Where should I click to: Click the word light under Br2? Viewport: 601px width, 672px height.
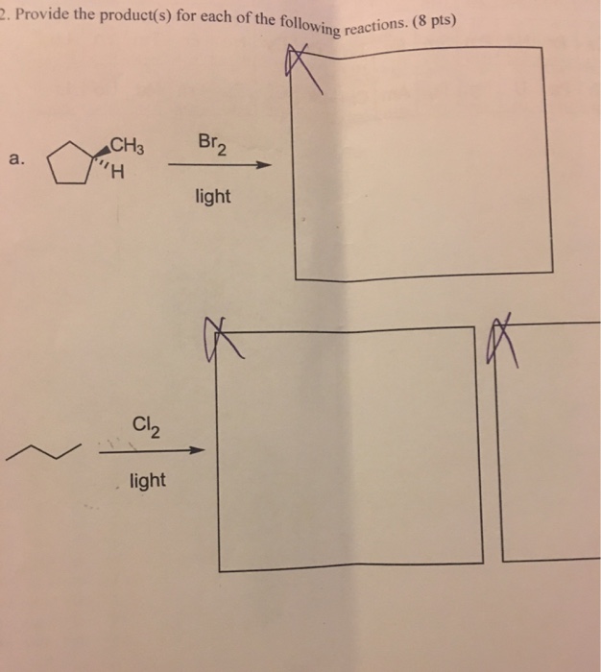tap(212, 196)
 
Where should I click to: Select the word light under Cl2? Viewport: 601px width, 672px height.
tap(147, 478)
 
